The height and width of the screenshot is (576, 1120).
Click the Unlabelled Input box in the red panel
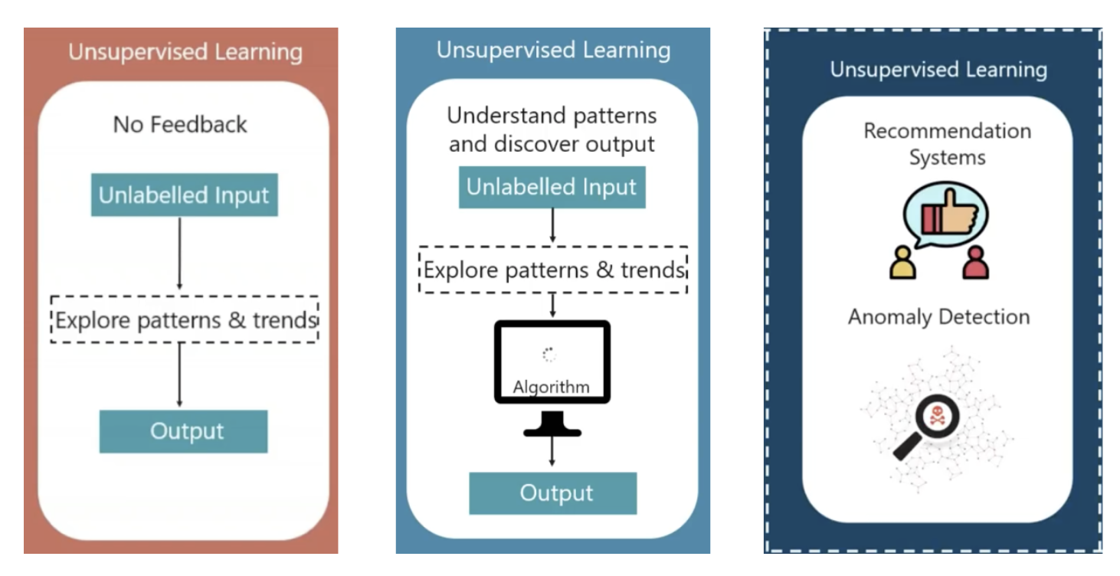click(184, 195)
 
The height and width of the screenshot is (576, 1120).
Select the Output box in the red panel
click(184, 431)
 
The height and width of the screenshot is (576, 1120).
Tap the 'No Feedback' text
click(180, 124)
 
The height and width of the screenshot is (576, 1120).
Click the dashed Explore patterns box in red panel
click(185, 319)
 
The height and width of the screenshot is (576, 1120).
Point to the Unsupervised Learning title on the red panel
click(185, 52)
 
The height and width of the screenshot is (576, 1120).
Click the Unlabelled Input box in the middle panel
click(552, 187)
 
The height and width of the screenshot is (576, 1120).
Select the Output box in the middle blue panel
click(553, 493)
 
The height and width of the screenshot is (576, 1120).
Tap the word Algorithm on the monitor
click(552, 387)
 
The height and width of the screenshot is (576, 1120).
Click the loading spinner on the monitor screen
click(549, 354)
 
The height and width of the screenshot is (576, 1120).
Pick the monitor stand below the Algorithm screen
click(552, 424)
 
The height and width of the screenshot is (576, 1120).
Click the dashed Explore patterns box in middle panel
click(553, 270)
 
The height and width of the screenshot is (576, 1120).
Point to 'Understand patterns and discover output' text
click(552, 129)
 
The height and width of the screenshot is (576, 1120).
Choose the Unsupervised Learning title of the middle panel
click(553, 50)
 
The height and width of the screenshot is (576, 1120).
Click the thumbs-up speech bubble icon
click(945, 214)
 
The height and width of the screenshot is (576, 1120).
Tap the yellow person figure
click(902, 263)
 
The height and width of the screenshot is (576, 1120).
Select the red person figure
click(976, 263)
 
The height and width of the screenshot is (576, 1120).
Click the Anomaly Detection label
click(938, 317)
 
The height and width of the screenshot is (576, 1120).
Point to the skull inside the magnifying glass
click(936, 414)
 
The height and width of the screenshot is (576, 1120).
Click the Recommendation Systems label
click(947, 144)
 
